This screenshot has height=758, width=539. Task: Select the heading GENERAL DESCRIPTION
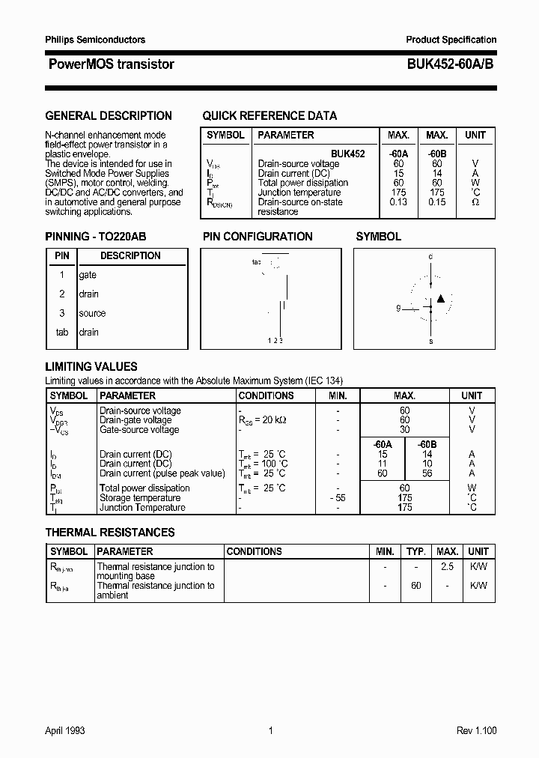pyautogui.click(x=109, y=116)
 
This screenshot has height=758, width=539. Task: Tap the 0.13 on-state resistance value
pyautogui.click(x=398, y=202)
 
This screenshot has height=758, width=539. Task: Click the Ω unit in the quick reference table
pyautogui.click(x=475, y=202)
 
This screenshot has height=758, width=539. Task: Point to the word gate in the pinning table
pyautogui.click(x=88, y=275)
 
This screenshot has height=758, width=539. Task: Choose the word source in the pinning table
pyautogui.click(x=92, y=313)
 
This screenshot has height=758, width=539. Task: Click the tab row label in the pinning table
pyautogui.click(x=62, y=332)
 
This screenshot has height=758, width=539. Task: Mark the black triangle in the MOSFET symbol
pyautogui.click(x=441, y=299)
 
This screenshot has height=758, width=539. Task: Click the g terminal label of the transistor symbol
pyautogui.click(x=399, y=308)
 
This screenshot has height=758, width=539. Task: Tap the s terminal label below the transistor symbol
pyautogui.click(x=430, y=341)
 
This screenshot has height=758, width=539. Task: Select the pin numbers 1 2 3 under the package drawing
pyautogui.click(x=275, y=341)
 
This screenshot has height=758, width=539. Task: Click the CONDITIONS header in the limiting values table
pyautogui.click(x=266, y=395)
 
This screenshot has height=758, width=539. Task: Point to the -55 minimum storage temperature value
pyautogui.click(x=338, y=498)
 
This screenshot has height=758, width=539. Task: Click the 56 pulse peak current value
pyautogui.click(x=427, y=473)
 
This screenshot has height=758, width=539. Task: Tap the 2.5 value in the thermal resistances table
pyautogui.click(x=447, y=567)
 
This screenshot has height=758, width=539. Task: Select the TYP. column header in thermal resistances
pyautogui.click(x=415, y=551)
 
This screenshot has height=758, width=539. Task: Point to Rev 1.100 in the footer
pyautogui.click(x=476, y=731)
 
